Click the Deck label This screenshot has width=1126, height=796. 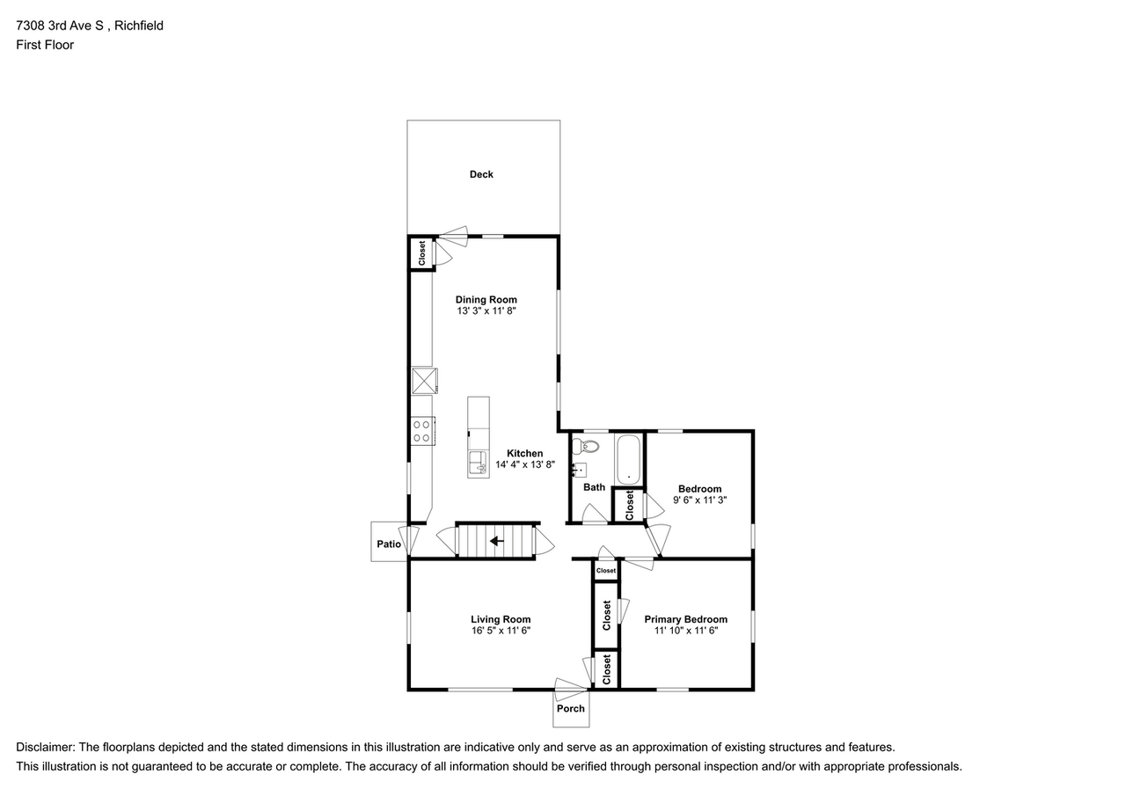click(481, 174)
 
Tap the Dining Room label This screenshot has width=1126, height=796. click(486, 300)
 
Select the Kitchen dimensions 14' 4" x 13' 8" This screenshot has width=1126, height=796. click(525, 464)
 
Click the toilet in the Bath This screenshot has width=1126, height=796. click(586, 446)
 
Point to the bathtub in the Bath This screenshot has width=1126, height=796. click(628, 459)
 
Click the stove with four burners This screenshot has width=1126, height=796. click(423, 431)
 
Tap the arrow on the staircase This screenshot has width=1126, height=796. click(497, 541)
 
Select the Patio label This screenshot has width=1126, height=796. click(389, 544)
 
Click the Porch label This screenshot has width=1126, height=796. click(571, 709)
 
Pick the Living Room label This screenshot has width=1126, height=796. click(501, 619)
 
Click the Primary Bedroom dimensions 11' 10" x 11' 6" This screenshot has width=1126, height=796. click(685, 631)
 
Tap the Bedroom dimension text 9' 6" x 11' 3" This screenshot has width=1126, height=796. click(699, 500)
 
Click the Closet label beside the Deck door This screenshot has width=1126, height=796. click(421, 253)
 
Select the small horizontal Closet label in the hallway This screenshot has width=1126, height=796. click(606, 570)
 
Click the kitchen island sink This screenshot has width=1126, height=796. click(478, 463)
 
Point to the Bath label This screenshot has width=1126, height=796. click(594, 487)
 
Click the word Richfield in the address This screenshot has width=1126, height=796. click(139, 26)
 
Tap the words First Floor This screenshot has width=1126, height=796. click(45, 45)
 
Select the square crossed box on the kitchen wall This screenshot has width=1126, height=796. click(424, 381)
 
